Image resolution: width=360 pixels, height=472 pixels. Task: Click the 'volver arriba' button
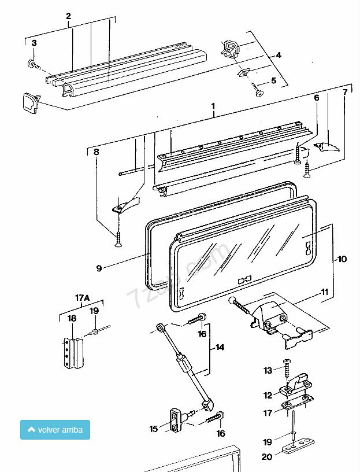click(x=55, y=430)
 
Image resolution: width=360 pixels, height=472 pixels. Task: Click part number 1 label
click(x=213, y=106)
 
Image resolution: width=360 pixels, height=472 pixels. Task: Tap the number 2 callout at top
click(x=68, y=16)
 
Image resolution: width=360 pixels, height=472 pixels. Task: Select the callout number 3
click(x=34, y=43)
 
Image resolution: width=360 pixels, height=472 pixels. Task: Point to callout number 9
click(x=99, y=268)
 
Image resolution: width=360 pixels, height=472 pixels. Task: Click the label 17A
click(x=83, y=297)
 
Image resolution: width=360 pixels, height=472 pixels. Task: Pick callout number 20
click(x=267, y=457)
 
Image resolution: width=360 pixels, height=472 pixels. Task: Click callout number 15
click(x=153, y=429)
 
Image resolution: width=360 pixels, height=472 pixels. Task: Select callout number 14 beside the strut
click(x=220, y=348)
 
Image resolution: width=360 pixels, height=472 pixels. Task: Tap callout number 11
click(x=324, y=292)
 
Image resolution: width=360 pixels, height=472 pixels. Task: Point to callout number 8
click(x=96, y=153)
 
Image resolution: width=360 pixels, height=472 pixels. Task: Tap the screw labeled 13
click(x=287, y=364)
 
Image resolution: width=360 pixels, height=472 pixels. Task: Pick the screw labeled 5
click(x=259, y=91)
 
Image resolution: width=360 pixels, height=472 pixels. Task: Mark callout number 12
click(x=268, y=396)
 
